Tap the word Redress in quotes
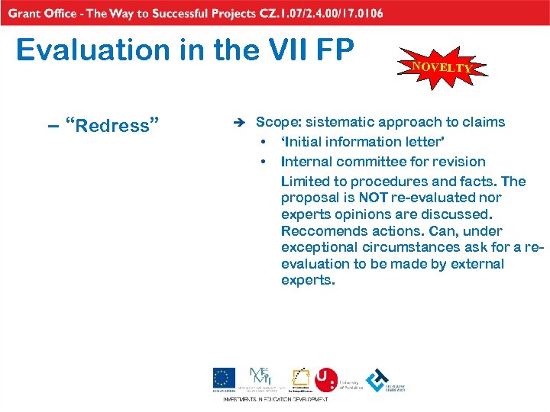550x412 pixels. [112, 125]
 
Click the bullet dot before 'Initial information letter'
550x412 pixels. [263, 142]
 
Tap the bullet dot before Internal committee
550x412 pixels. [263, 162]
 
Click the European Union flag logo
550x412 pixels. [224, 379]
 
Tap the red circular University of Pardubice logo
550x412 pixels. [326, 378]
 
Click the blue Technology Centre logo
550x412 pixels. [377, 379]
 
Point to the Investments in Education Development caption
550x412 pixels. [275, 399]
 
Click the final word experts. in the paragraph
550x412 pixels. [308, 280]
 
